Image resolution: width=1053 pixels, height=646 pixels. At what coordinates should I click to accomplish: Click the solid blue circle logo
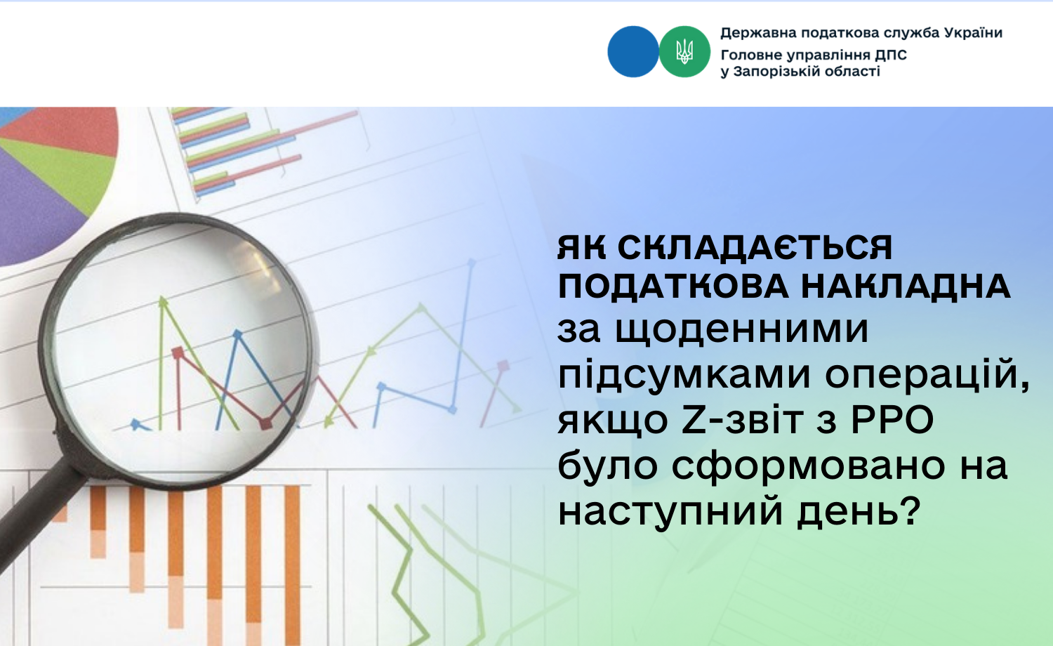pos(633,52)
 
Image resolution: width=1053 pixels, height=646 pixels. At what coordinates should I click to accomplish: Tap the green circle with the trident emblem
pos(684,52)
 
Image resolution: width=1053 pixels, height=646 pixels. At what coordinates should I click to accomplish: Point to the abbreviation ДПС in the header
pos(891,55)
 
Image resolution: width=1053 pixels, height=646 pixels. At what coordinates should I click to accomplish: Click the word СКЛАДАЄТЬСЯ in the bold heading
pos(755,248)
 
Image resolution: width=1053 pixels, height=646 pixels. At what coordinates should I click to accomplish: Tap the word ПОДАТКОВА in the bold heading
pos(673,286)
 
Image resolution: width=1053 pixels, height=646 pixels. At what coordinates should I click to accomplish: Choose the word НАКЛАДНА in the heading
pos(906,286)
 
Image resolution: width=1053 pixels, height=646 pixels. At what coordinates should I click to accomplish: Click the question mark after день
pos(912,510)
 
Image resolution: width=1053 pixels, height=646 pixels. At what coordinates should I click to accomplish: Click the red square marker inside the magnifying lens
pos(178,352)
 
